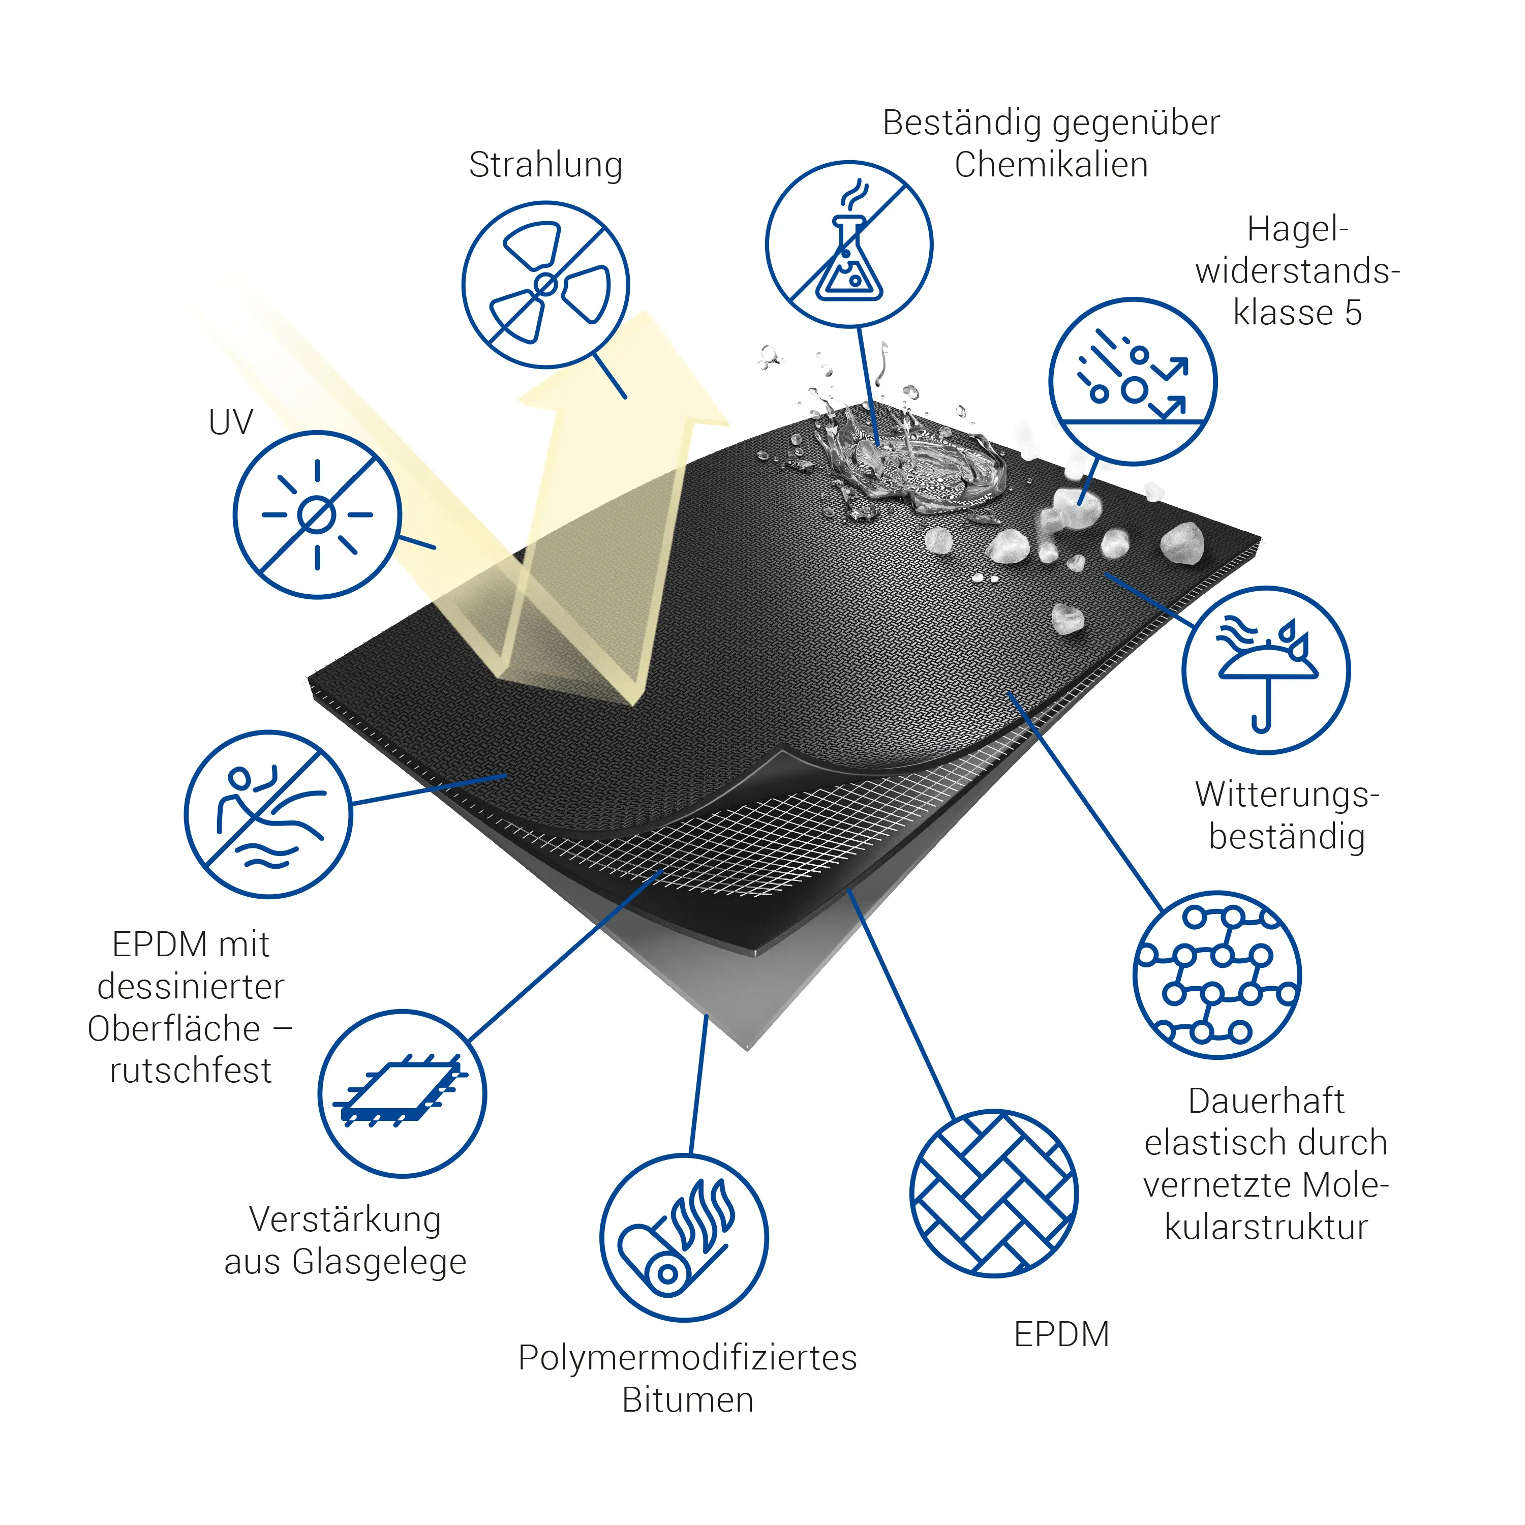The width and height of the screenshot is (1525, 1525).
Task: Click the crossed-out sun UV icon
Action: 317,514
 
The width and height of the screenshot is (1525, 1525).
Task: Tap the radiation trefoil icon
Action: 545,284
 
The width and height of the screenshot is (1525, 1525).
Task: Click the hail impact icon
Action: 1133,381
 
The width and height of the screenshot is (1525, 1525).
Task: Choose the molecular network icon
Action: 1217,975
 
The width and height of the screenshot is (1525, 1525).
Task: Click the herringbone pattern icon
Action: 994,1194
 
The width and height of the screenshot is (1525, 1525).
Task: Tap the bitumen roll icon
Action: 684,1238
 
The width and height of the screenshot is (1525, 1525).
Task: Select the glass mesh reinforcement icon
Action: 402,1094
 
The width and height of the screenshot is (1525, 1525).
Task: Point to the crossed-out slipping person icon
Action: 268,814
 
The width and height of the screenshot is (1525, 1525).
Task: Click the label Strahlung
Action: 545,166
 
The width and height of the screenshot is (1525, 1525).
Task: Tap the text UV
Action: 230,423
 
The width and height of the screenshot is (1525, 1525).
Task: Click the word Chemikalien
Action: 1051,165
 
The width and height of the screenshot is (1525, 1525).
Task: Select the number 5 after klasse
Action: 1353,313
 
